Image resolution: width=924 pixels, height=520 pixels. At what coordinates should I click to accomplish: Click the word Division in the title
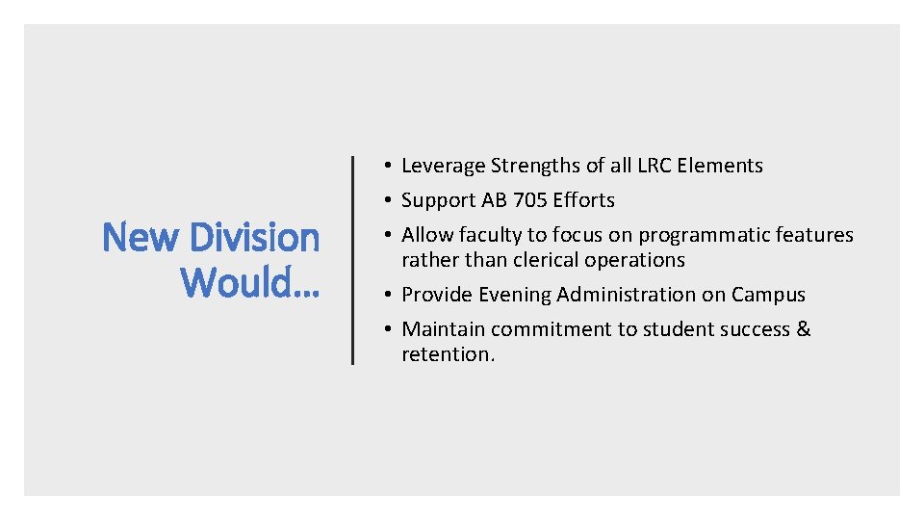tap(255, 237)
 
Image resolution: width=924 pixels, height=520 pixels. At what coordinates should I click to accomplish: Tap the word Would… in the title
tap(250, 282)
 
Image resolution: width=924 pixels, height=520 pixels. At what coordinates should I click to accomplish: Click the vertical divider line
tap(352, 260)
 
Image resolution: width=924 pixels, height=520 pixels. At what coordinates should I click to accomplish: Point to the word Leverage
tap(443, 166)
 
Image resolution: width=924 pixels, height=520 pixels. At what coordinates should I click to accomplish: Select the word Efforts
tap(583, 200)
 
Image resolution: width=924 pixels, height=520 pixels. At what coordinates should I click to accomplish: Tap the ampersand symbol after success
tap(804, 329)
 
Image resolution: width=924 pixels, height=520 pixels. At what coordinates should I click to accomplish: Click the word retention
tap(448, 354)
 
